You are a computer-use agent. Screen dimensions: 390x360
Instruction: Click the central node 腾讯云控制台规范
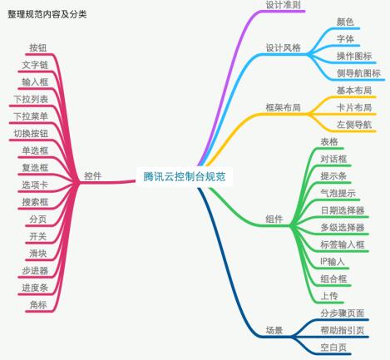185,176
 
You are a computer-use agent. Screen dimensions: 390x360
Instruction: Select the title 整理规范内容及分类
47,14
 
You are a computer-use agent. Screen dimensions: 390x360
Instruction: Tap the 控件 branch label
93,175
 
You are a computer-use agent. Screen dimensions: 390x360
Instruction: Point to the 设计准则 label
283,5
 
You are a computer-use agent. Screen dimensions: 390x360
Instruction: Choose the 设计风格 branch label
283,47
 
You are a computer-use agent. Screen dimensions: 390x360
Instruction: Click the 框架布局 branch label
283,107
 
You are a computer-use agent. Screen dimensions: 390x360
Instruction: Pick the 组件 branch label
274,219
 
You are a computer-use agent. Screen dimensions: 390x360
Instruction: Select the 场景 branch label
274,330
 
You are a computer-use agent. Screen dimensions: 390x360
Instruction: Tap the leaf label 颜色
345,22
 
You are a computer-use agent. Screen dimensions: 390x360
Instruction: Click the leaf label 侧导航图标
358,73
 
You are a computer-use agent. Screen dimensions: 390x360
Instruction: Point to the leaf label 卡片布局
354,107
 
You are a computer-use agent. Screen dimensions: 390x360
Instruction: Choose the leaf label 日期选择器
343,210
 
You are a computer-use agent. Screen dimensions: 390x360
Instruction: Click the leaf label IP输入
333,262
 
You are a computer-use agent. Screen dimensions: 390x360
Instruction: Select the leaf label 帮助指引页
343,330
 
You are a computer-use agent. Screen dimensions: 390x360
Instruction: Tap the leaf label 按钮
38,47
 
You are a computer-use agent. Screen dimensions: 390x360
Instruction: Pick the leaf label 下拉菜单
31,116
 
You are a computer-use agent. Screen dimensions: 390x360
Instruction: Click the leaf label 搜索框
35,202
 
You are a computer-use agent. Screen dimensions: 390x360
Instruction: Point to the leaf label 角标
38,305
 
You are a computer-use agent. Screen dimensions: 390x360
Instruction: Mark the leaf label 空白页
333,348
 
